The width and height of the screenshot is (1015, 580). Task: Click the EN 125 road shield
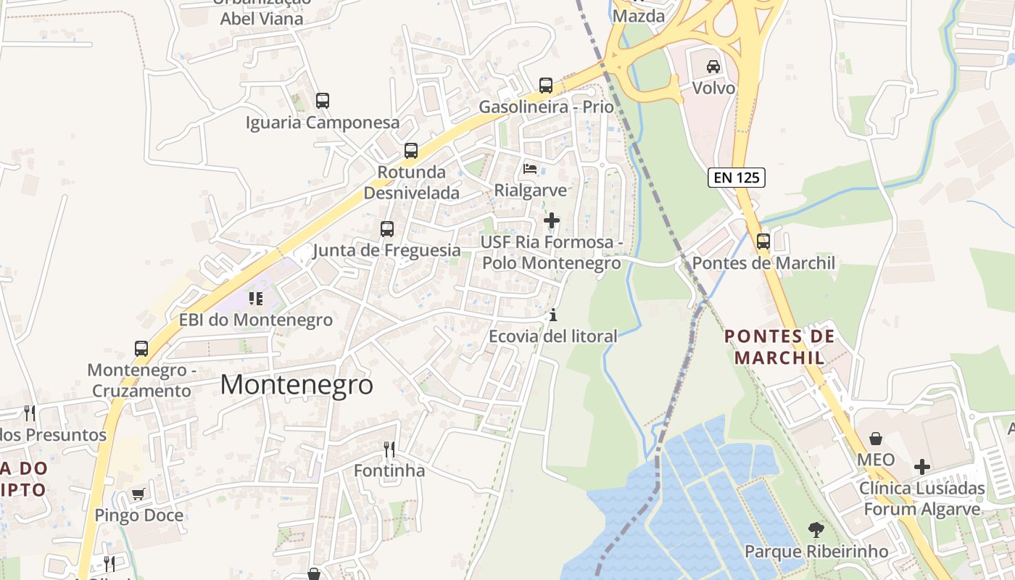point(737,177)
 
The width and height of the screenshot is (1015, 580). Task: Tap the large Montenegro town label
point(297,384)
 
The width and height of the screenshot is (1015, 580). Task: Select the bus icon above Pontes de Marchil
point(763,241)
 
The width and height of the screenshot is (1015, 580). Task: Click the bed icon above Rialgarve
point(530,169)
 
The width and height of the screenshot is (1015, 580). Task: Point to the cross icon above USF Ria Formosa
point(551,220)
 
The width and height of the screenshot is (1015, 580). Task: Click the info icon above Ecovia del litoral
point(552,315)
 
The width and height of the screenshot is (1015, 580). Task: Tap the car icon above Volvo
point(713,67)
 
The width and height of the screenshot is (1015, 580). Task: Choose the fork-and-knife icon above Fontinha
point(389,449)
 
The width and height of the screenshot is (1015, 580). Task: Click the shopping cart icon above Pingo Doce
point(138,494)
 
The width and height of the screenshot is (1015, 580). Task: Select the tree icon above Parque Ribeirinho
point(816,530)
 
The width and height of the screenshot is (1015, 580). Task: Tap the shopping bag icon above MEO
point(876,439)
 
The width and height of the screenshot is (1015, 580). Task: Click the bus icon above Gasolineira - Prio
point(546,86)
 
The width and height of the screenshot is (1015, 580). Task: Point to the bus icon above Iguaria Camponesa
point(323,101)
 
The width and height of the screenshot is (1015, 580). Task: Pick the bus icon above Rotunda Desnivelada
point(411,151)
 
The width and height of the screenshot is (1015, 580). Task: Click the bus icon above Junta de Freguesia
point(387,229)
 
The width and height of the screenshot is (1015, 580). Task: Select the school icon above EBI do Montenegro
point(255,299)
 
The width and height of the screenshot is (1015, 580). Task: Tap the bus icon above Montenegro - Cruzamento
point(141,349)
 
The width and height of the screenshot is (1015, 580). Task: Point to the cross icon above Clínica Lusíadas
point(921,466)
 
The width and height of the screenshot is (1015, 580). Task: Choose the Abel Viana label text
point(262,19)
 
